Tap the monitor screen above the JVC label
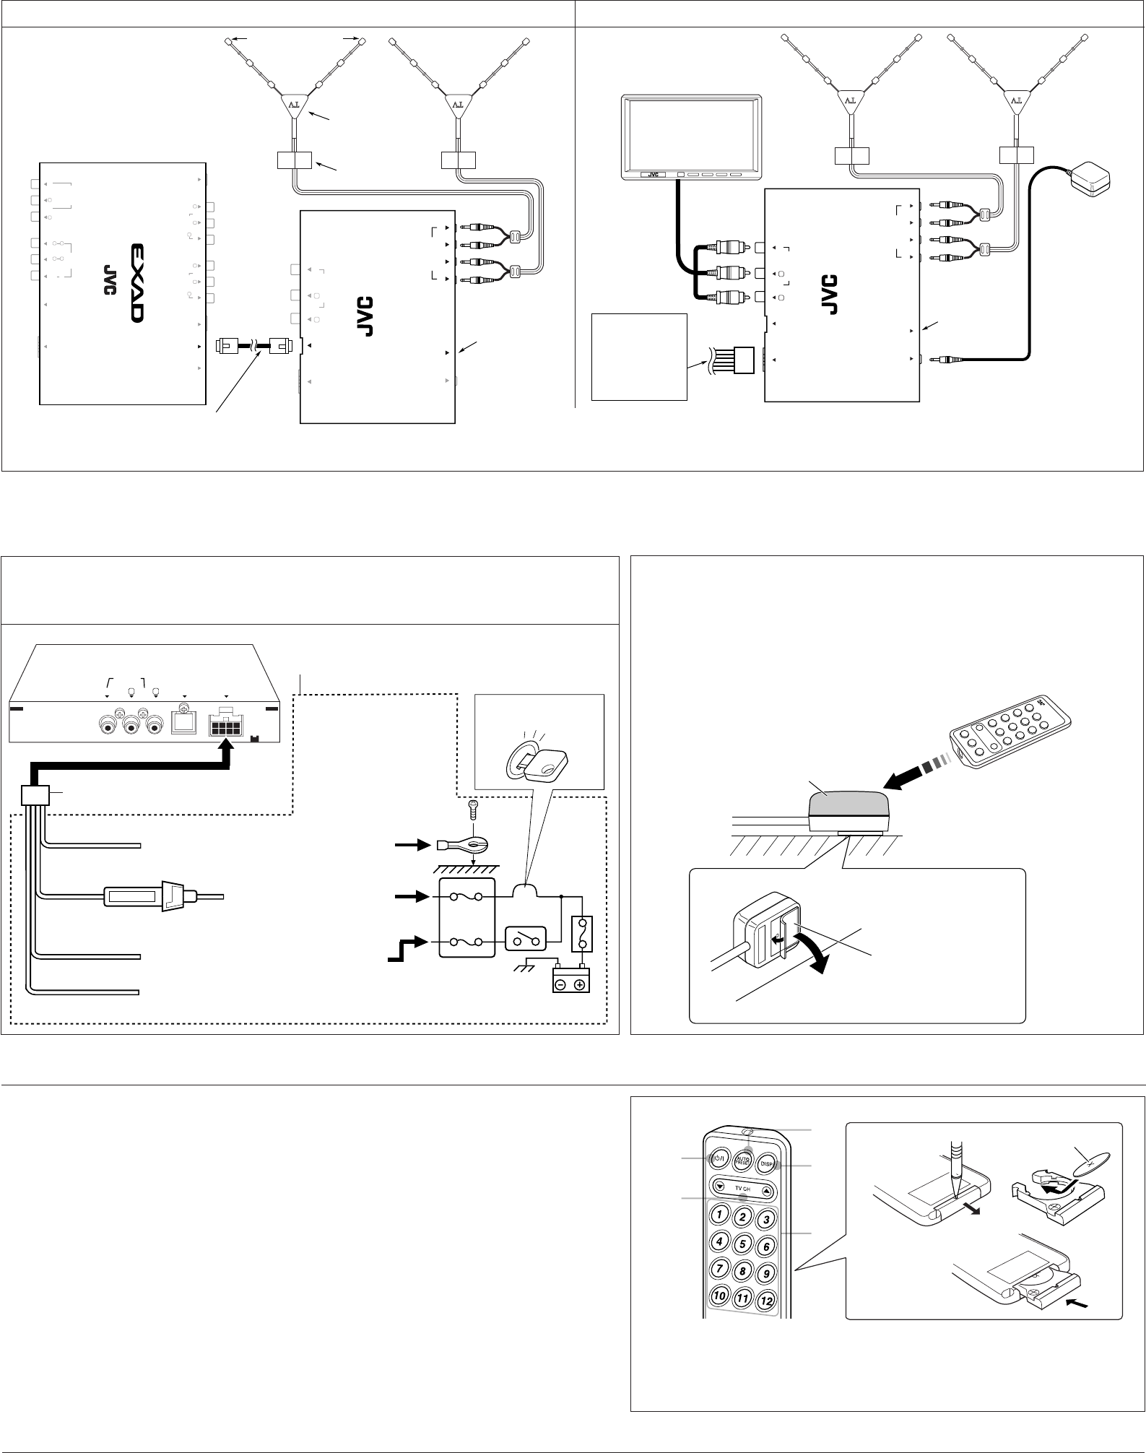690,135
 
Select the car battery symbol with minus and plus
570,983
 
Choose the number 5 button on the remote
742,1244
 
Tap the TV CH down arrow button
720,1185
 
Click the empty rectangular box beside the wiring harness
638,355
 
